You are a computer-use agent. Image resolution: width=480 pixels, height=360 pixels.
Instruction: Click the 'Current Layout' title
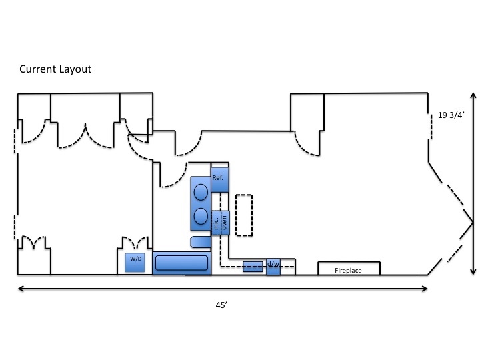[x=55, y=69]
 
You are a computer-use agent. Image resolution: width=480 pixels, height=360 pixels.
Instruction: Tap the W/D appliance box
[x=135, y=263]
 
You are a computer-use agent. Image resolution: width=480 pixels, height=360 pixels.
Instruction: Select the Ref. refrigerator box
[x=220, y=180]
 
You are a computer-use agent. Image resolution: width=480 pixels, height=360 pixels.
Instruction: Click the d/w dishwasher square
[x=273, y=267]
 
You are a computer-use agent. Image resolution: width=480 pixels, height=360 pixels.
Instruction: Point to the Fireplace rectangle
[x=349, y=268]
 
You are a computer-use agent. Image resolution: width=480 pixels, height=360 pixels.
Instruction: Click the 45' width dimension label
[x=221, y=305]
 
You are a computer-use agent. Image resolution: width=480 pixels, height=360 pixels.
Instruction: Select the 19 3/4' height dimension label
[x=451, y=115]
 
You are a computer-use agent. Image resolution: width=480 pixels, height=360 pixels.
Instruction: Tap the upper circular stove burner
[x=201, y=192]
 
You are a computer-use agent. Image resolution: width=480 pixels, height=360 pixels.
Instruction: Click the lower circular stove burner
[x=201, y=216]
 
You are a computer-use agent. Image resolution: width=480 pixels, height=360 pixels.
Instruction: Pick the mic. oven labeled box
[x=221, y=223]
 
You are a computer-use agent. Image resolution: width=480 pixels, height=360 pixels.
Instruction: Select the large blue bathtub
[x=182, y=263]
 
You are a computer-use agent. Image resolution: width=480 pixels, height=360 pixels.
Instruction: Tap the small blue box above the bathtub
[x=201, y=242]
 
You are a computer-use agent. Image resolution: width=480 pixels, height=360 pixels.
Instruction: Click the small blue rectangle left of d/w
[x=253, y=267]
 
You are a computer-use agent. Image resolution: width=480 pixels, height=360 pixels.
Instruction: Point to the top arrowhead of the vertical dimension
[x=473, y=95]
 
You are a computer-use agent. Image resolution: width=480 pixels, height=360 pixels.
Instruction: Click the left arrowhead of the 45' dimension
[x=21, y=289]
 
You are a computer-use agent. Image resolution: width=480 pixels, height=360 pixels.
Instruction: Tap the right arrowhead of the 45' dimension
[x=425, y=289]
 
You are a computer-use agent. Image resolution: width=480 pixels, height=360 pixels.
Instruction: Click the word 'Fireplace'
[x=348, y=270]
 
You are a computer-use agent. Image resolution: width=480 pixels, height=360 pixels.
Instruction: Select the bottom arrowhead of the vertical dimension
[x=473, y=272]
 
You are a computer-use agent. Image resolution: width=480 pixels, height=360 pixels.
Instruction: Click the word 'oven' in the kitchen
[x=225, y=223]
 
